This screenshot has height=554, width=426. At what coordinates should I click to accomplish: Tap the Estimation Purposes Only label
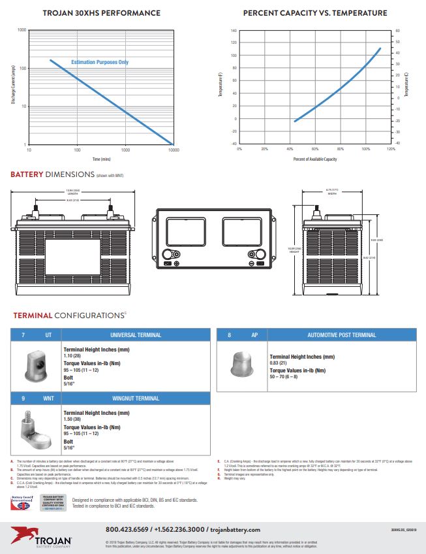pos(100,62)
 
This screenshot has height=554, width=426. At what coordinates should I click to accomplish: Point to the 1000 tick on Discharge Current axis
pos(22,30)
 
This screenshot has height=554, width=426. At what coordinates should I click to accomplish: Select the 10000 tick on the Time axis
pos(173,150)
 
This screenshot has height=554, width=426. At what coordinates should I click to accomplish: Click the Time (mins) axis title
pos(101,159)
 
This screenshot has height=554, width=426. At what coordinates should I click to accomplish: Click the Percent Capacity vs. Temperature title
pos(314,13)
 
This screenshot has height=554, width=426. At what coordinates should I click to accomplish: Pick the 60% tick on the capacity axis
pos(314,149)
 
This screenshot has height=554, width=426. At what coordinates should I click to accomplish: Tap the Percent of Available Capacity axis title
pos(314,159)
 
